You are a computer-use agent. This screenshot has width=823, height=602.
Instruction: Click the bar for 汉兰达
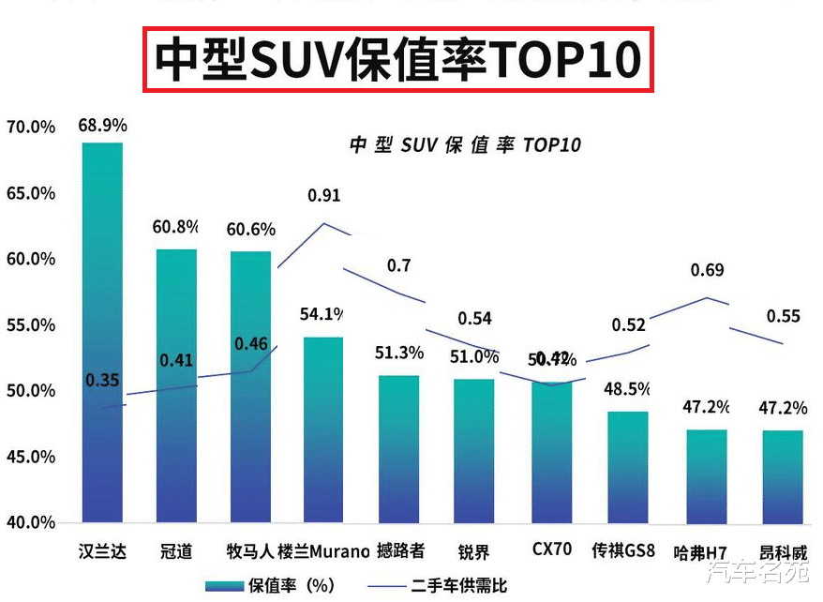point(102,333)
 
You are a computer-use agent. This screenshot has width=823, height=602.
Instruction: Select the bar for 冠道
point(176,385)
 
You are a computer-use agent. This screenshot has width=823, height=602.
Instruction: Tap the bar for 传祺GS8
point(627,467)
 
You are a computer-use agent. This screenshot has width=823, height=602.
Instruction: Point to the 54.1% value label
point(323,313)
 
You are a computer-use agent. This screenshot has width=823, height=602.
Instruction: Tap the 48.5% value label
point(629,388)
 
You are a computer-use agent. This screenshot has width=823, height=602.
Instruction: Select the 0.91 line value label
point(324,196)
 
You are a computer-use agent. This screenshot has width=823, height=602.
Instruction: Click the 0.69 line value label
point(707,271)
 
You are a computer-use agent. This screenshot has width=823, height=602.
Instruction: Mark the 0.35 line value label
point(102,381)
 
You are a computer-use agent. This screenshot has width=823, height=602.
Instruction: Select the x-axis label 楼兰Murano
point(323,550)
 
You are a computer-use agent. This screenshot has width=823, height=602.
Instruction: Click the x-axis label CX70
point(551,549)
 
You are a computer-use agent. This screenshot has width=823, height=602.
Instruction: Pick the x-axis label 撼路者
point(400,550)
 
